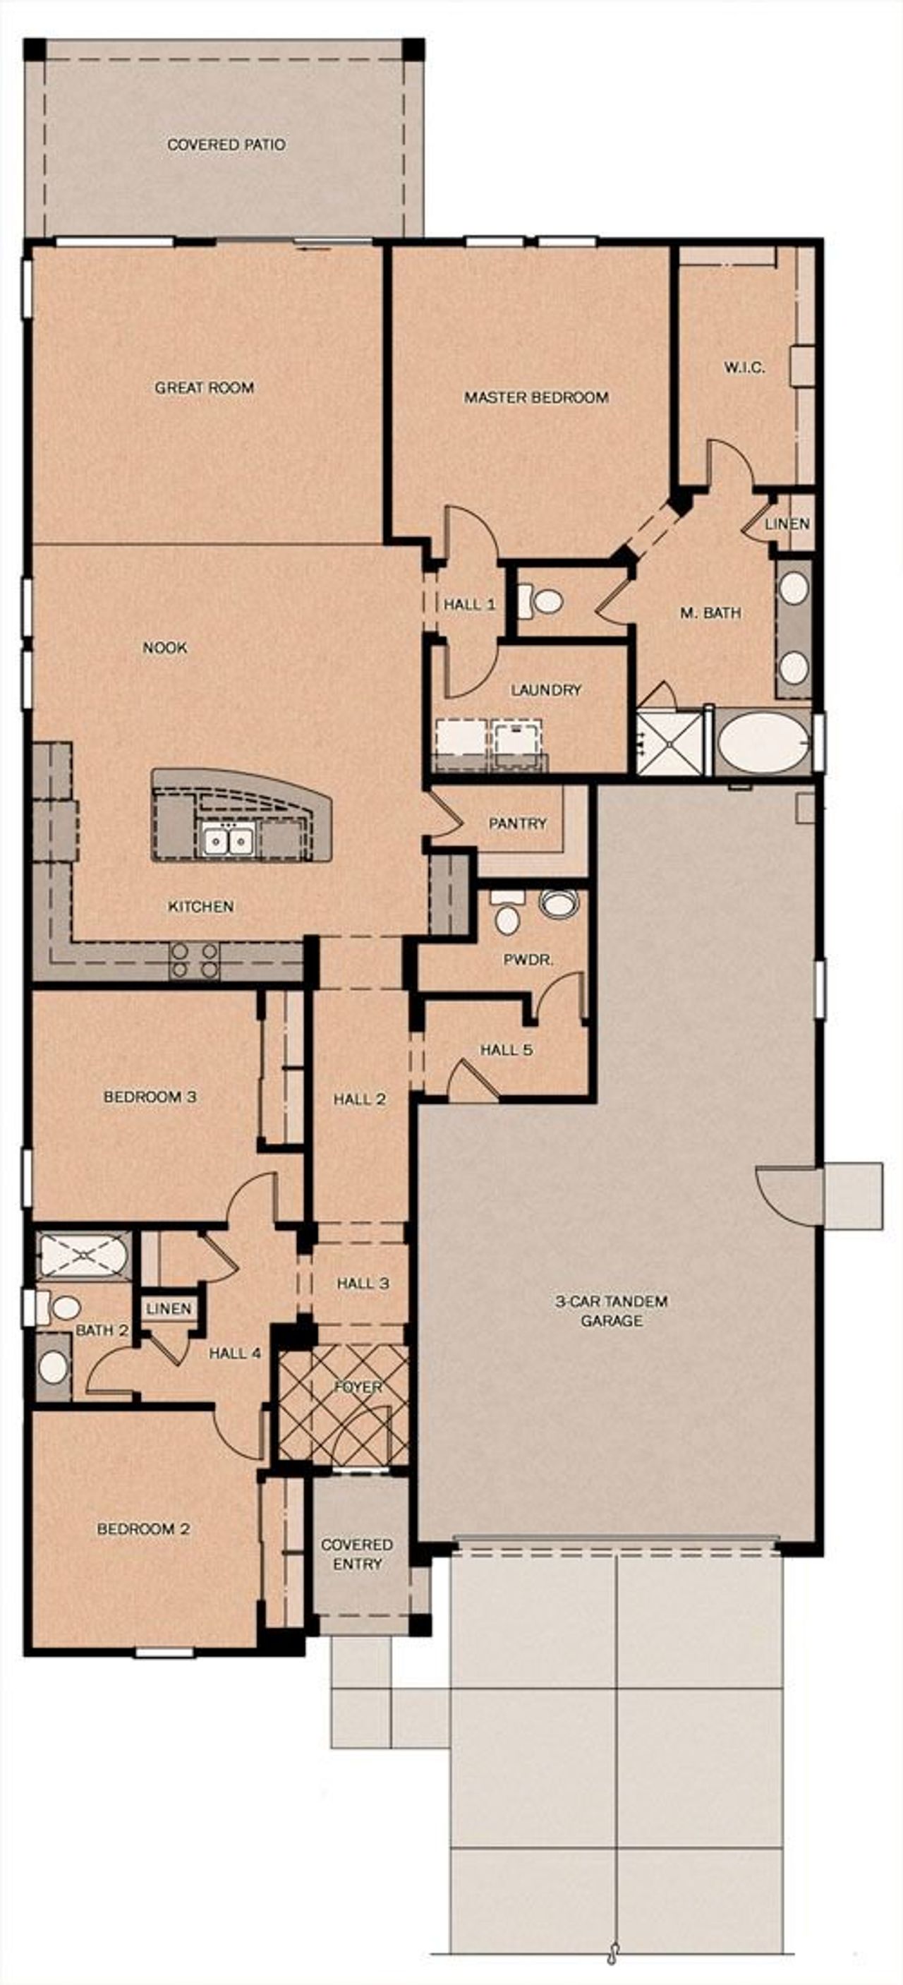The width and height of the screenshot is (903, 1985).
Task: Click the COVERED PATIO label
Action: click(226, 145)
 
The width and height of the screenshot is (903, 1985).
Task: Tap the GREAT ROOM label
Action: click(204, 387)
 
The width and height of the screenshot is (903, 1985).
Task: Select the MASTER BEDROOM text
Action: click(535, 397)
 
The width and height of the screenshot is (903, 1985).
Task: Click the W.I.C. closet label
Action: click(744, 368)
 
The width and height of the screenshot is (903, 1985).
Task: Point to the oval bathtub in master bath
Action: click(763, 742)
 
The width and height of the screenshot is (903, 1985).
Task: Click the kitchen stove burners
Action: click(194, 960)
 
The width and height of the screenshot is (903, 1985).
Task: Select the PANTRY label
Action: click(517, 823)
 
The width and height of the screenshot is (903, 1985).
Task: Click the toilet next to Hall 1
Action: click(545, 601)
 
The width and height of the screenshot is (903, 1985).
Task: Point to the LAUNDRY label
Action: click(545, 689)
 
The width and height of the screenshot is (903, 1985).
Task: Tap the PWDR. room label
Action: click(528, 960)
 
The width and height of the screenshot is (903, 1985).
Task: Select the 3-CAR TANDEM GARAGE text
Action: click(612, 1310)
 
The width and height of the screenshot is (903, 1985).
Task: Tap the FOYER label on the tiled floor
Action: click(358, 1387)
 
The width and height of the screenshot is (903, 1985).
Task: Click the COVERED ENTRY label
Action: click(357, 1555)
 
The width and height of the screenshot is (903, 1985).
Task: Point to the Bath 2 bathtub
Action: click(83, 1255)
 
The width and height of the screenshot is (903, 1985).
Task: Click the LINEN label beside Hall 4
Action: click(169, 1308)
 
